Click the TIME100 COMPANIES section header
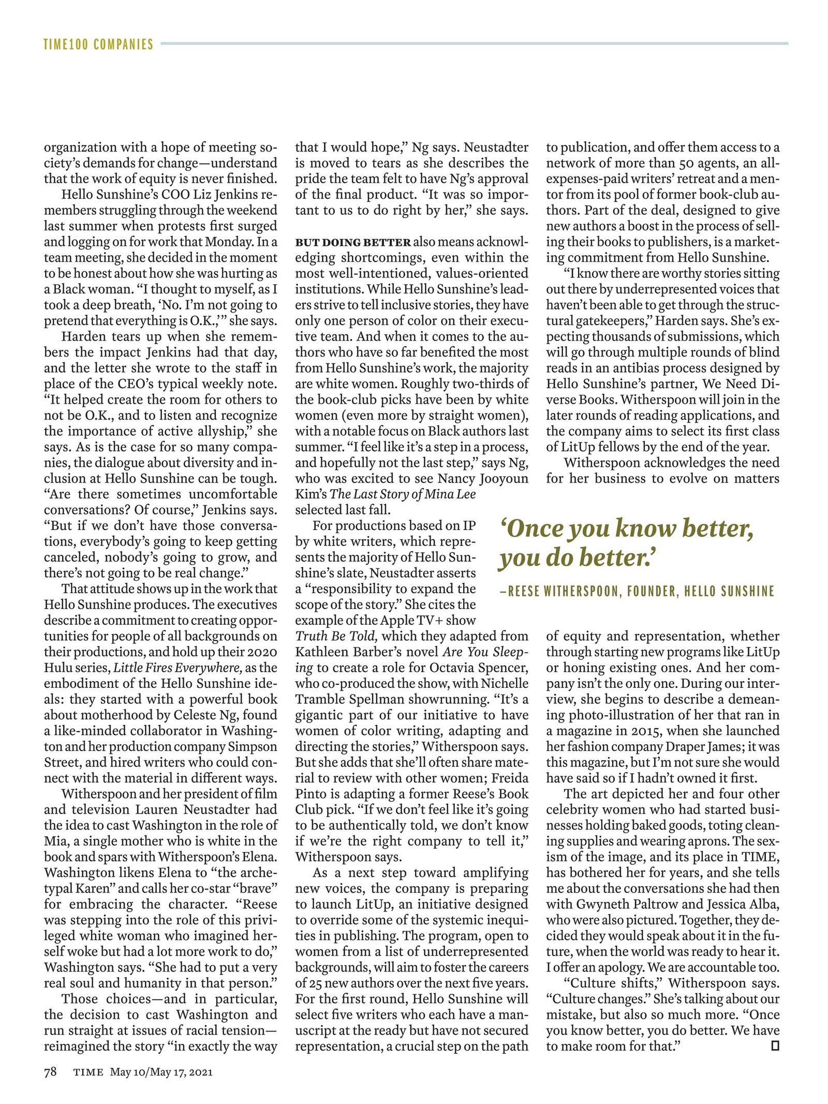click(x=98, y=45)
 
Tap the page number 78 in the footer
click(x=50, y=1072)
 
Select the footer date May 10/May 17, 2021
click(x=161, y=1072)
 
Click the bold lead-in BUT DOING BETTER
click(x=353, y=242)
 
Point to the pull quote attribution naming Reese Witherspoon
click(x=637, y=591)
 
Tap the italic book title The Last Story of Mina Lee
click(x=403, y=494)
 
